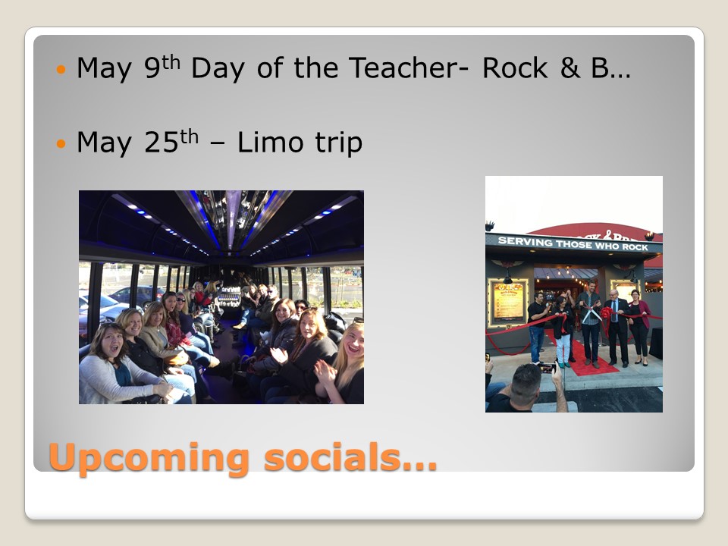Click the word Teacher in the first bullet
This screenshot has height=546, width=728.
(x=403, y=67)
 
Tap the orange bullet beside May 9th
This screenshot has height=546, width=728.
(x=61, y=70)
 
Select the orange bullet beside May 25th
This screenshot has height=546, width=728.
(x=61, y=143)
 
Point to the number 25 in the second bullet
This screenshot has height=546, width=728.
(x=161, y=142)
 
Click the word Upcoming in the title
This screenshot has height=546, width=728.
(x=149, y=458)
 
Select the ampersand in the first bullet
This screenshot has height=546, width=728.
(x=570, y=67)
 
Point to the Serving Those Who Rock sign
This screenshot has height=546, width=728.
(x=573, y=243)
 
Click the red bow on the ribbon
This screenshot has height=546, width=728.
(x=607, y=314)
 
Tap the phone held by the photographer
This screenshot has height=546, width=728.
(x=547, y=368)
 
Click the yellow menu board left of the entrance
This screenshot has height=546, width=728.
(x=507, y=303)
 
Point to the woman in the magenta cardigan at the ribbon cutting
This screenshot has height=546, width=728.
(x=639, y=326)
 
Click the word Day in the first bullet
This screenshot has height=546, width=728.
(x=218, y=68)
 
